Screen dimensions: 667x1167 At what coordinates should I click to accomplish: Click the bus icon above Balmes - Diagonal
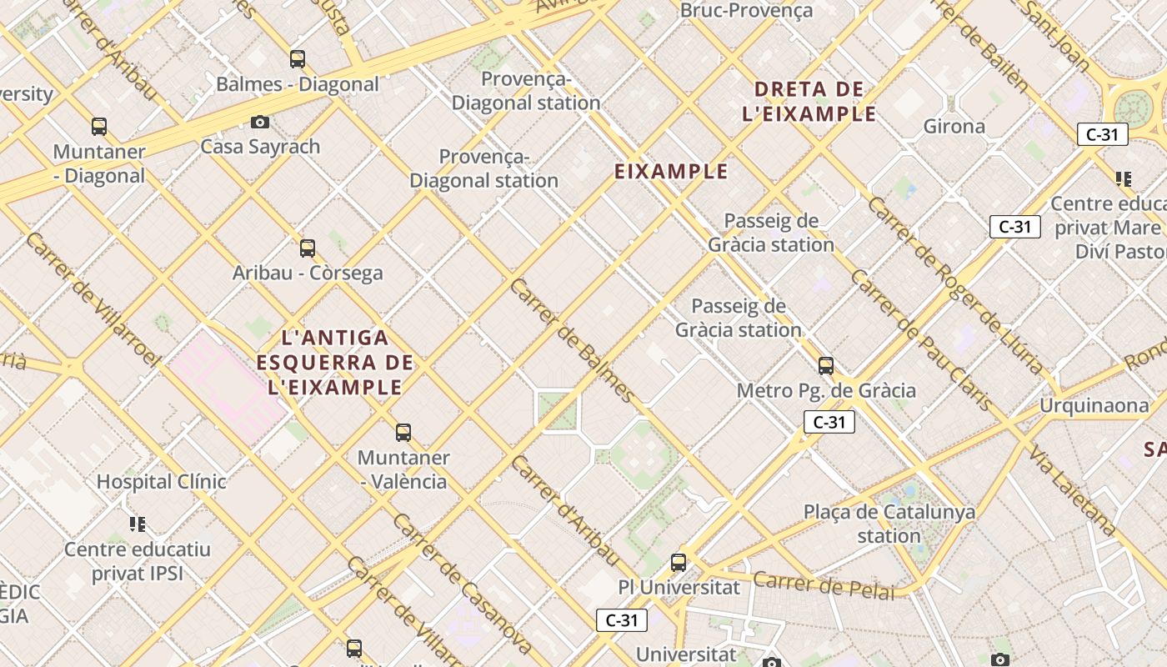(298, 59)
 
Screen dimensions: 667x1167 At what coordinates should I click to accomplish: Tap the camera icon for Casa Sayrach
(260, 123)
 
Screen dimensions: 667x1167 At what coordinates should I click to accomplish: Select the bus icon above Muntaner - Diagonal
(99, 127)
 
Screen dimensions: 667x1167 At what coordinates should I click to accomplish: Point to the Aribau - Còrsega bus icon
(308, 248)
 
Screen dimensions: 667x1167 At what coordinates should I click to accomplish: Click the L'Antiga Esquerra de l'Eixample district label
(335, 363)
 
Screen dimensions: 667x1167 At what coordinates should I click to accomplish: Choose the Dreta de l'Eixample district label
(809, 101)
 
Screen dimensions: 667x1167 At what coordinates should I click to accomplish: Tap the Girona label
(954, 127)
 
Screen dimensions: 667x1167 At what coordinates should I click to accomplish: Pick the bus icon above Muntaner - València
(403, 433)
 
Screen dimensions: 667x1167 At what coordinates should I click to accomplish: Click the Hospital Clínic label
(162, 481)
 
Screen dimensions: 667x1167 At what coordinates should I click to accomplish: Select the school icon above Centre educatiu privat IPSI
(138, 524)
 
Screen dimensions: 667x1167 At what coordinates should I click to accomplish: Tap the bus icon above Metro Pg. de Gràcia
(826, 365)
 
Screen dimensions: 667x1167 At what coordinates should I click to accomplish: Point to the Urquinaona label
(1094, 406)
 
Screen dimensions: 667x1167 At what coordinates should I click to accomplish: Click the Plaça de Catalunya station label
(889, 523)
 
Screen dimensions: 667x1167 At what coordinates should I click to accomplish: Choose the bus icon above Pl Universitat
(679, 562)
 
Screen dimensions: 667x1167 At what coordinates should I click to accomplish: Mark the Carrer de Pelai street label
(823, 585)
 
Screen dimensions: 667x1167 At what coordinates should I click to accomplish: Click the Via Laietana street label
(1071, 489)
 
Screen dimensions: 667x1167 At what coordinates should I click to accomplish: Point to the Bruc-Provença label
(746, 11)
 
